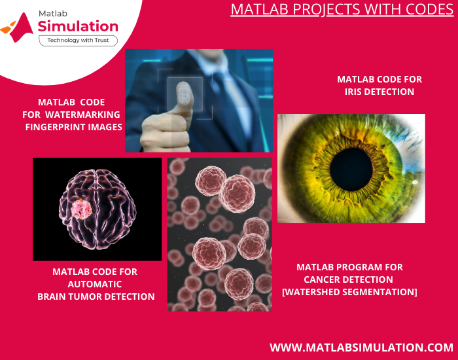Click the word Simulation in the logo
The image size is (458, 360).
tap(78, 26)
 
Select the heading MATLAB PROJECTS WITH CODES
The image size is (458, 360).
tap(342, 10)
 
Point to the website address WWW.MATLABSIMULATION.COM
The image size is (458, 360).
tap(361, 347)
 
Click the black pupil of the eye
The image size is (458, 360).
tap(351, 168)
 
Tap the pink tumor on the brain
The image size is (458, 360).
tap(82, 209)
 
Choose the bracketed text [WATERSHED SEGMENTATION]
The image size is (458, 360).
tap(349, 292)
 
